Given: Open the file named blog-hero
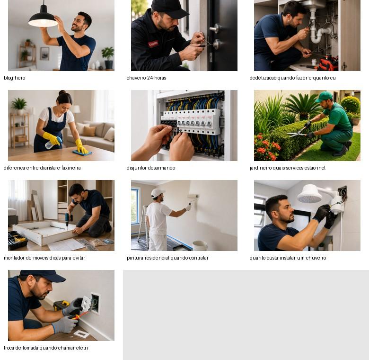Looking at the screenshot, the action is pos(15,78).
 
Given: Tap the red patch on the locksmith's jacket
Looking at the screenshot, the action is pos(153,44).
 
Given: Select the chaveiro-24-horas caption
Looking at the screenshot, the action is pos(146,78).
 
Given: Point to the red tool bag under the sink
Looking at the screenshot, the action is pos(327,63).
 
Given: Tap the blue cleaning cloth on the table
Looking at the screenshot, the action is pos(82,153).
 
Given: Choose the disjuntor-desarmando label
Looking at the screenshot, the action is pos(151,168).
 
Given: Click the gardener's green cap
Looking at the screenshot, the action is pos(324,97).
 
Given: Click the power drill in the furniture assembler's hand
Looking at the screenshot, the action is pos(68,220).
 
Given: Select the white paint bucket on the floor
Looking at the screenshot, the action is pos(200,245).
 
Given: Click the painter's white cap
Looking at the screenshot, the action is pos(157,193).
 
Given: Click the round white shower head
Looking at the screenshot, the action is pos(309,194).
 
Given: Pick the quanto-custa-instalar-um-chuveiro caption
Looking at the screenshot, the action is pos(288,258).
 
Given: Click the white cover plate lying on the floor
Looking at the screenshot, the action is pos(81,334).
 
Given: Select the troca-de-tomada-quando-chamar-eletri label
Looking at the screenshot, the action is pos(46,348).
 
